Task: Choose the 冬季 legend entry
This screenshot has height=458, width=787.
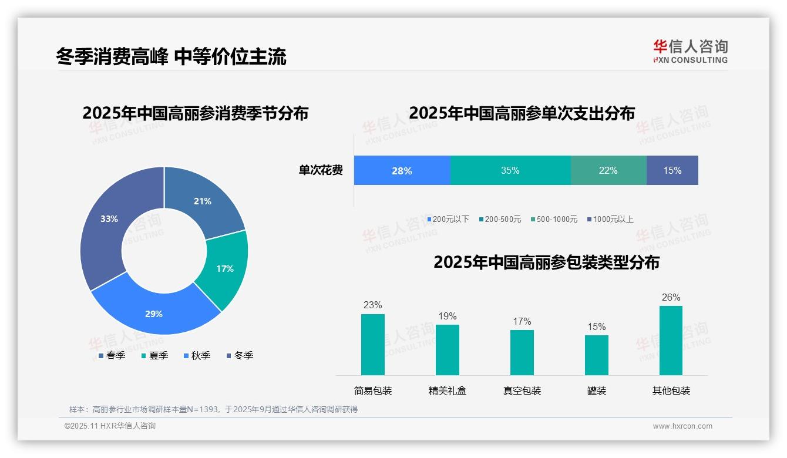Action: click(x=240, y=355)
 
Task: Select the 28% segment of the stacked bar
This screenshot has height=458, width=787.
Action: click(x=402, y=170)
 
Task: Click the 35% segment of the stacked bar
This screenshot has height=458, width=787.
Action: click(x=510, y=170)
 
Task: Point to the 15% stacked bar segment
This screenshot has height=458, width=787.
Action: click(x=672, y=170)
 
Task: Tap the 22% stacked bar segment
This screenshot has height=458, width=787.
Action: click(x=608, y=170)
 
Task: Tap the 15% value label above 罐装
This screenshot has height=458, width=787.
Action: click(x=597, y=326)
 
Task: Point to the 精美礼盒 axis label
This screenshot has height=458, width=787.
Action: click(x=448, y=390)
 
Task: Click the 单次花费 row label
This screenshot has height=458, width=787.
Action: click(x=321, y=170)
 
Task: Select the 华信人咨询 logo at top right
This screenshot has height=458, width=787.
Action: click(x=690, y=51)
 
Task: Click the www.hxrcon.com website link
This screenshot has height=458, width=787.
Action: click(x=682, y=426)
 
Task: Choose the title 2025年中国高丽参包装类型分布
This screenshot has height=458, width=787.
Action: click(x=546, y=262)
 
